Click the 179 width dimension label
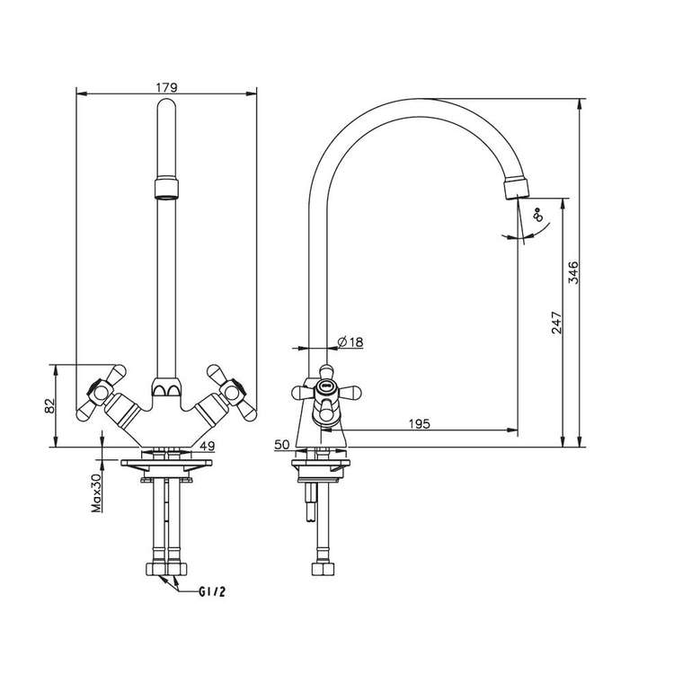point(167,87)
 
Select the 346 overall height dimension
point(574,272)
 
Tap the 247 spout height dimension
point(556,323)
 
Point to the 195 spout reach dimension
point(420,423)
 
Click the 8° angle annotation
point(539,215)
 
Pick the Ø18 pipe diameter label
point(350,341)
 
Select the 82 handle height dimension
point(50,406)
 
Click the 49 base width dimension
point(208,446)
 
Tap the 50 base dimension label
point(282,445)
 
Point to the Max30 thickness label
point(96,492)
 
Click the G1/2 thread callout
point(212,592)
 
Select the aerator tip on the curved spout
point(518,187)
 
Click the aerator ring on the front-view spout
point(166,187)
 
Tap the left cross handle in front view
point(102,393)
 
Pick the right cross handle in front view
point(232,393)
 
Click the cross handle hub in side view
point(326,386)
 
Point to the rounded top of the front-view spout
point(166,104)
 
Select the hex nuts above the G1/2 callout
point(166,569)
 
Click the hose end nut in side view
point(323,569)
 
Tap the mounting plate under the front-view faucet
point(166,463)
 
